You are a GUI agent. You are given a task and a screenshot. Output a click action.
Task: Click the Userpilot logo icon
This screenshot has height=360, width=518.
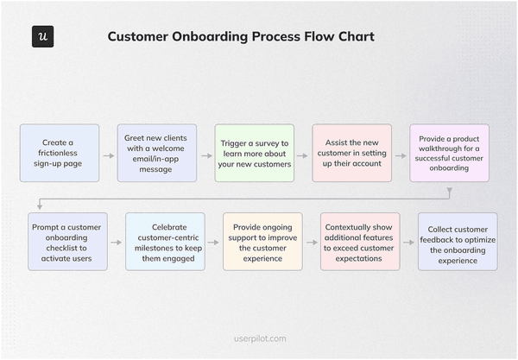click(x=42, y=37)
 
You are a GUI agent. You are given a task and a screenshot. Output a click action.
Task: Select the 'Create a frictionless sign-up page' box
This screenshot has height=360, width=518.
click(x=60, y=153)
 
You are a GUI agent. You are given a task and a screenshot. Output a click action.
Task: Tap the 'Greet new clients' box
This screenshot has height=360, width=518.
click(x=157, y=153)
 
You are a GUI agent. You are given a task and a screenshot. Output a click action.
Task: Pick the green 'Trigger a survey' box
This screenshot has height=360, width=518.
click(x=255, y=153)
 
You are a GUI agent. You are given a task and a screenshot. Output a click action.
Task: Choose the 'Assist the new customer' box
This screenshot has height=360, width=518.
click(x=352, y=153)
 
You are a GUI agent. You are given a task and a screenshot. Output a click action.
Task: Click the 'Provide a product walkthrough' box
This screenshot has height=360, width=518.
click(x=449, y=153)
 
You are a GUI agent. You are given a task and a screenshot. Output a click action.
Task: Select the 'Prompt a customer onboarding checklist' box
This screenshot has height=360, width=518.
click(x=68, y=242)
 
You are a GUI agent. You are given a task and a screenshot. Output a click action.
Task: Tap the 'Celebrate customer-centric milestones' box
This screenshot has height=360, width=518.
click(x=166, y=242)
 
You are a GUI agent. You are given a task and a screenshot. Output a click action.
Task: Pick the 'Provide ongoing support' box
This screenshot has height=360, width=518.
click(x=263, y=242)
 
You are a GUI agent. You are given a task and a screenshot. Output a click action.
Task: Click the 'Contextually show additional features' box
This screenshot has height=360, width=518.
click(x=360, y=242)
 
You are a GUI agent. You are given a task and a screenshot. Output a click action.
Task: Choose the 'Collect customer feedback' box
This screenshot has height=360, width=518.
click(x=458, y=242)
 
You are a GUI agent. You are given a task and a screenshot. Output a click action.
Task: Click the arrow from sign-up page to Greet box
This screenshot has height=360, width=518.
click(x=108, y=156)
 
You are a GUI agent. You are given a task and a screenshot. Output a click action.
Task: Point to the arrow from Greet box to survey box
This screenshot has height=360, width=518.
click(x=205, y=156)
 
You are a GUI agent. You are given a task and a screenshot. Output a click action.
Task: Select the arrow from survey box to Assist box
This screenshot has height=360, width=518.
click(x=303, y=156)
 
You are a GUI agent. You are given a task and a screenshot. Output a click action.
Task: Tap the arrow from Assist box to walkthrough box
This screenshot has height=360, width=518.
click(x=401, y=156)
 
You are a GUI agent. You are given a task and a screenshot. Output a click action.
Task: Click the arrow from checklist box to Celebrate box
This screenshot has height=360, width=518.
click(x=117, y=243)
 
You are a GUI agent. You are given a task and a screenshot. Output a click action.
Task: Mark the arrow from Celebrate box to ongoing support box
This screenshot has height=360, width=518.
click(x=214, y=243)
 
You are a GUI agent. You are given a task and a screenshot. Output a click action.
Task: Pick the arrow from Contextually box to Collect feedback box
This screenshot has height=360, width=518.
click(x=408, y=243)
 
